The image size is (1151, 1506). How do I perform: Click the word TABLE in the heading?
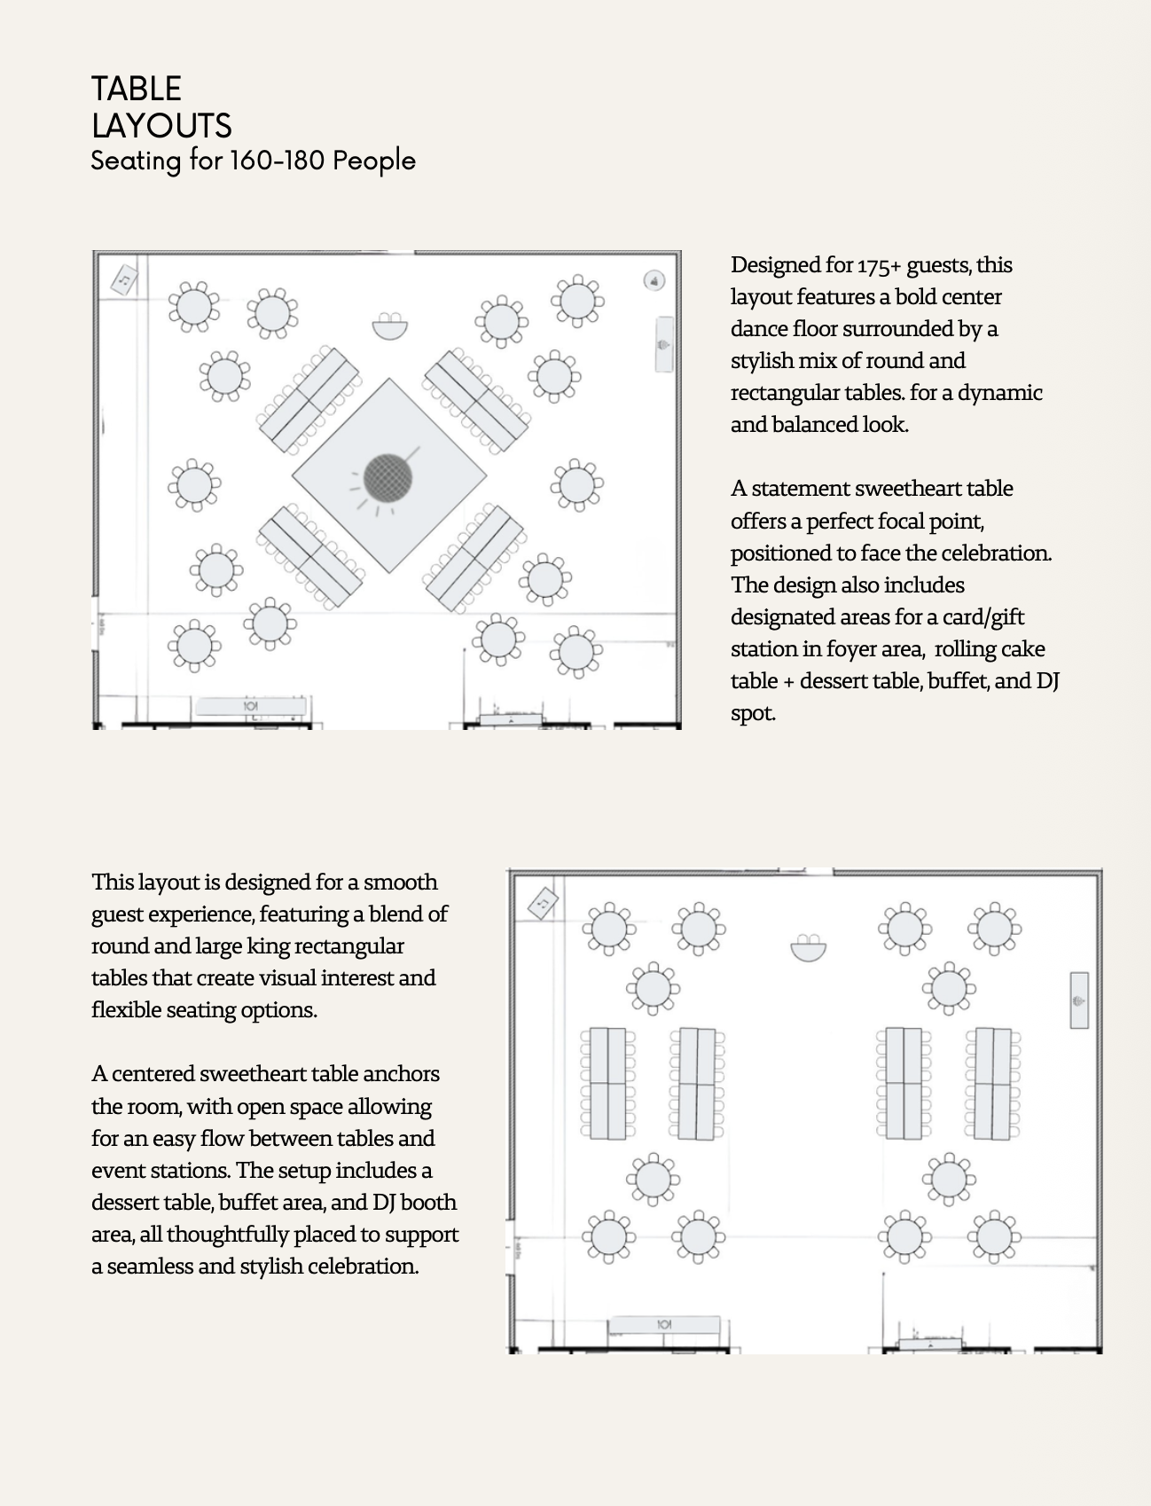pos(137,89)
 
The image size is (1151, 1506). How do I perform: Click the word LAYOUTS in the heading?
pos(161,126)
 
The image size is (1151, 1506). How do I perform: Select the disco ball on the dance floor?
pos(388,478)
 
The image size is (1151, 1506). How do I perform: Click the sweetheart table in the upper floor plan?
pos(389,327)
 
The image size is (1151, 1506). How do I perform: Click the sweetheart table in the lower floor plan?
pos(808,949)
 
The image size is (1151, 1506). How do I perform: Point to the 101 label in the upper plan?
pos(250,706)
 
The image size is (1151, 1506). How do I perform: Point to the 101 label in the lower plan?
pos(663,1324)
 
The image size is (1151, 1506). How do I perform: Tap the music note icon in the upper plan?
pos(124,280)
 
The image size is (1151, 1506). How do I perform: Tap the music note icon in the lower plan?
pos(543,903)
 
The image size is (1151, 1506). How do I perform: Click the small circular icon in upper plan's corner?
pos(654,281)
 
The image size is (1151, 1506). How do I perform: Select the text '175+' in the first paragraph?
pos(879,265)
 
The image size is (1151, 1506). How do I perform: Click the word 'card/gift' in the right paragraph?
pos(983,617)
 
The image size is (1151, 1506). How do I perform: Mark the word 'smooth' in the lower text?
pos(401,882)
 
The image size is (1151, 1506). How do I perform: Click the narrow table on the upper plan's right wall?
pos(663,344)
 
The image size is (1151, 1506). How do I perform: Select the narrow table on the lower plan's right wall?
pos(1078,1000)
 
